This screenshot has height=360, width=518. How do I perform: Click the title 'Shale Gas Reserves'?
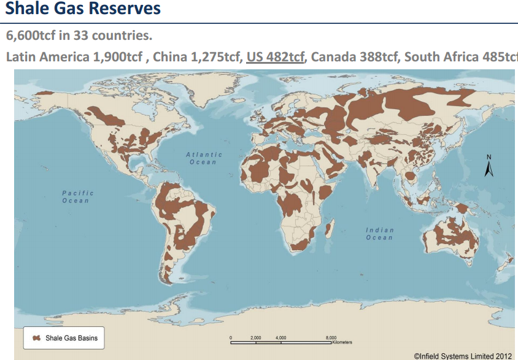coord(83,9)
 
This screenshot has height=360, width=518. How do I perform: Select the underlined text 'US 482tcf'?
coord(276,57)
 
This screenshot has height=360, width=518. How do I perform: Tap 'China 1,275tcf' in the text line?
coord(196,57)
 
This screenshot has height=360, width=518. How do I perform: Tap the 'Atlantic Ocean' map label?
coord(204,158)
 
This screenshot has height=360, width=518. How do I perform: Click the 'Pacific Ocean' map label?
coord(76,197)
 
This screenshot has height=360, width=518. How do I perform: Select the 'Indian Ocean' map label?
coord(380,234)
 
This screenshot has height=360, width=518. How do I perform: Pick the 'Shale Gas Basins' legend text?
coord(71,338)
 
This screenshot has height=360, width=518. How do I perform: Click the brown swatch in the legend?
coord(36,338)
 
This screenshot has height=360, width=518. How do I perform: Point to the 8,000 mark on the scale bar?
coord(331,337)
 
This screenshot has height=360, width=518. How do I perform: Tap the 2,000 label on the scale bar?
coord(256,337)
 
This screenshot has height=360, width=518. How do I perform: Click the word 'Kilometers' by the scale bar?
coord(342,342)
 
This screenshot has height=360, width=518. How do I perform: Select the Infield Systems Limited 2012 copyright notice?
coord(463,355)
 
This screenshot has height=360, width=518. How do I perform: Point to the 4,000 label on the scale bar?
coord(281,337)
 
